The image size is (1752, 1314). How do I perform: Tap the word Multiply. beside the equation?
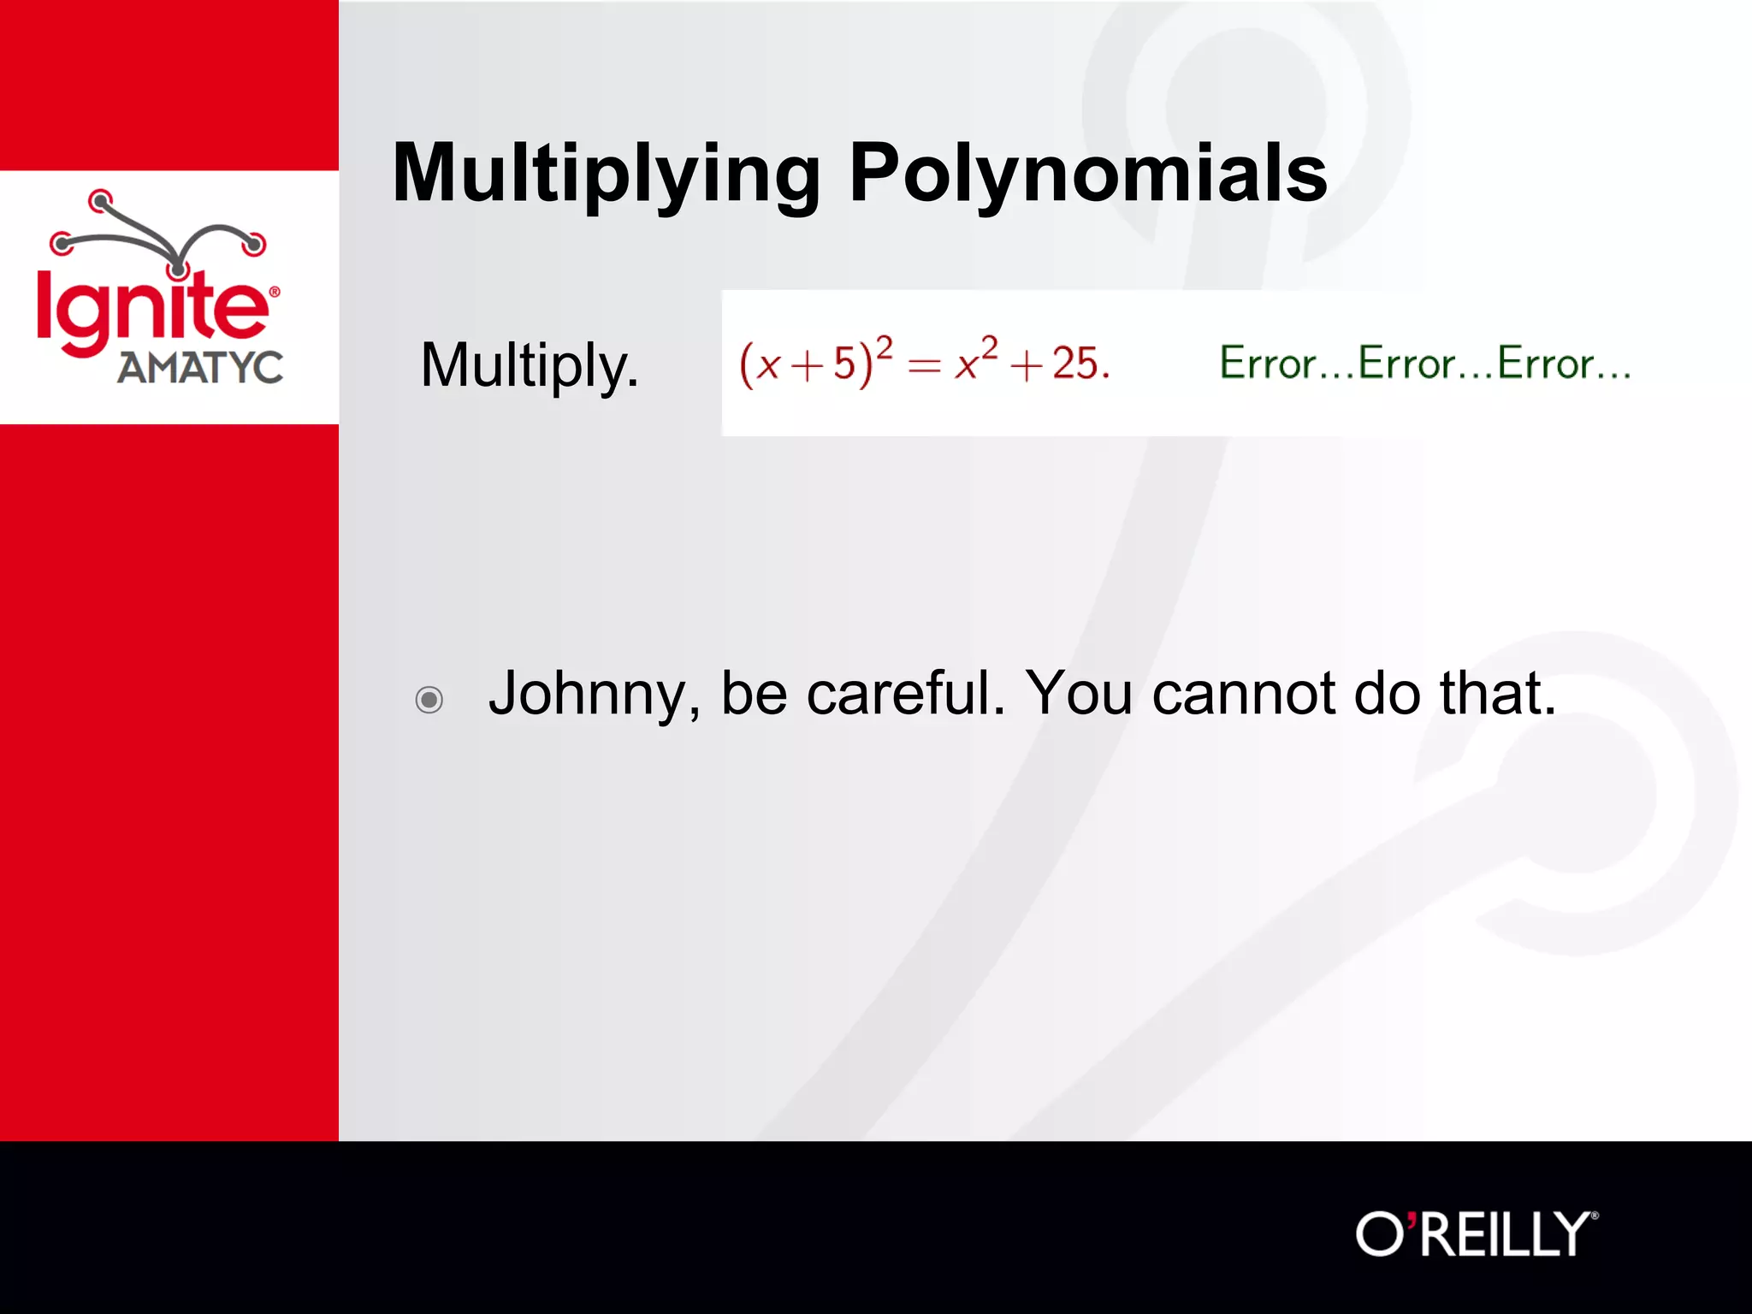tap(530, 366)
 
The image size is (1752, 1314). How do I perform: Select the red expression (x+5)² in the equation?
tap(815, 363)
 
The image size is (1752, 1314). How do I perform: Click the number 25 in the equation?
tap(1075, 364)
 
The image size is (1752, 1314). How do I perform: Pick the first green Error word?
tap(1268, 363)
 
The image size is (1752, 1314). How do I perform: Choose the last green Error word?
tap(1545, 363)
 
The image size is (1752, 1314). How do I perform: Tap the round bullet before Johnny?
tap(429, 700)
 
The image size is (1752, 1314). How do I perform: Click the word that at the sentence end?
tap(1496, 693)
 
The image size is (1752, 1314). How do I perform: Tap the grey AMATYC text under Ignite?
tap(200, 368)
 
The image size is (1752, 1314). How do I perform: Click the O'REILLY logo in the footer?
tap(1476, 1234)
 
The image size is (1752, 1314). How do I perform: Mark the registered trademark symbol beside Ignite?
tap(275, 292)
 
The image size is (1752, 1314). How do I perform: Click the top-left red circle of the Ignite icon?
tap(101, 201)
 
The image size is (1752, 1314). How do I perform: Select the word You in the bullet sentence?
tap(1080, 693)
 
